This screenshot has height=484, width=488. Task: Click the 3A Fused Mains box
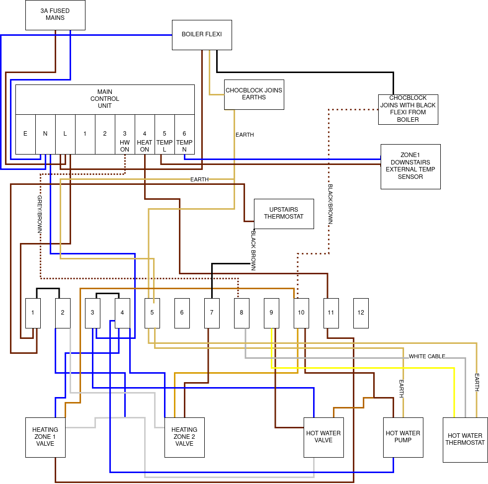[x=55, y=15]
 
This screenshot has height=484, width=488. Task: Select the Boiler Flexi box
[x=202, y=35]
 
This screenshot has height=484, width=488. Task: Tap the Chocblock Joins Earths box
[x=254, y=94]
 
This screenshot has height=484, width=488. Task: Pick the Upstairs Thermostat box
[x=284, y=214]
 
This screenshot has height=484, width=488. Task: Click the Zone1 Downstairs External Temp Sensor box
[x=410, y=166]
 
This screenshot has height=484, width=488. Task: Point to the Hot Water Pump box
[x=403, y=437]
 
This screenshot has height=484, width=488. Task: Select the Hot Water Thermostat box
[x=465, y=440]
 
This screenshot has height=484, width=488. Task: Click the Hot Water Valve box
[x=324, y=437]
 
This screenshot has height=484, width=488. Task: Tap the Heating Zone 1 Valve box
[x=45, y=437]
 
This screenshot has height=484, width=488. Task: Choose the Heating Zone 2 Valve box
[x=184, y=437]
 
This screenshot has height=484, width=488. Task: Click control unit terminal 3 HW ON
[x=125, y=134]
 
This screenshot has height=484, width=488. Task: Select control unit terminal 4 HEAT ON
[x=145, y=134]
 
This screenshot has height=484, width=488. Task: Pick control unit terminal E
[x=25, y=134]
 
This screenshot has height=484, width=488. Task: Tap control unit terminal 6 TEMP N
[x=184, y=134]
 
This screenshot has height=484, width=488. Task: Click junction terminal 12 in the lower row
[x=361, y=313]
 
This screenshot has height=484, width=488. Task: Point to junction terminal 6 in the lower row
[x=182, y=313]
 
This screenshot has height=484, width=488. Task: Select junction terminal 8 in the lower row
[x=242, y=313]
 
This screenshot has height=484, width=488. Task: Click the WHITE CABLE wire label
[x=427, y=356]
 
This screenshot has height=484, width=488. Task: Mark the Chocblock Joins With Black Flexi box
[x=408, y=109]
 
